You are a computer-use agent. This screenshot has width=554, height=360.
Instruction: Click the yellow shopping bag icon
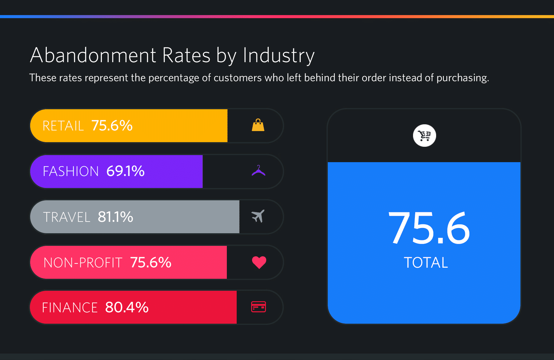[x=258, y=125]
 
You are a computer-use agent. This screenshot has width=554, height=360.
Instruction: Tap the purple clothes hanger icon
[x=259, y=171]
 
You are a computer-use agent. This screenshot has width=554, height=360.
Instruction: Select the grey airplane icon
[x=258, y=216]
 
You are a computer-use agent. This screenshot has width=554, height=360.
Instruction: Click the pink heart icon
[x=259, y=262]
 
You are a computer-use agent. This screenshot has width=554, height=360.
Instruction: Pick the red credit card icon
[x=259, y=307]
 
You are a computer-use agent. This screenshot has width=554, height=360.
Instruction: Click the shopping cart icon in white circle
[x=424, y=135]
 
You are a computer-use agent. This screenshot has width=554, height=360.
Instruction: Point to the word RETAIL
[x=63, y=126]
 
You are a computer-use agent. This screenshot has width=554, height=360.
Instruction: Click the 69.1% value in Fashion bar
[x=125, y=171]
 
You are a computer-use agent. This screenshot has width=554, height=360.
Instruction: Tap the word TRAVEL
[x=66, y=217]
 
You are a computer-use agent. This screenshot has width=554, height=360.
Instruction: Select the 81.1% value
[x=115, y=217]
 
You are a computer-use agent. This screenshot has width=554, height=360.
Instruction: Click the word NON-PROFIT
[x=83, y=263]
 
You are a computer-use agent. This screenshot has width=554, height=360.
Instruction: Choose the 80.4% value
[x=127, y=307]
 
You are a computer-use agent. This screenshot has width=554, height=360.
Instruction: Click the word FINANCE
[x=70, y=308]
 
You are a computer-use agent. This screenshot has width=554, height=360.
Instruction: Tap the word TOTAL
[x=426, y=263]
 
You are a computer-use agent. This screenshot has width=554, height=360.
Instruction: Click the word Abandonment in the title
[x=93, y=55]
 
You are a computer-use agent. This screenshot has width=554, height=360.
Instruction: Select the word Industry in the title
[x=279, y=56]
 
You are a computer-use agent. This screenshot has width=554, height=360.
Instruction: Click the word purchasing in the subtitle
[x=462, y=78]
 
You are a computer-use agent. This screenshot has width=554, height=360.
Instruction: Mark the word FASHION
[x=71, y=171]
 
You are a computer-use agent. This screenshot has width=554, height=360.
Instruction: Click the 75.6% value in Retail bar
[x=112, y=126]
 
